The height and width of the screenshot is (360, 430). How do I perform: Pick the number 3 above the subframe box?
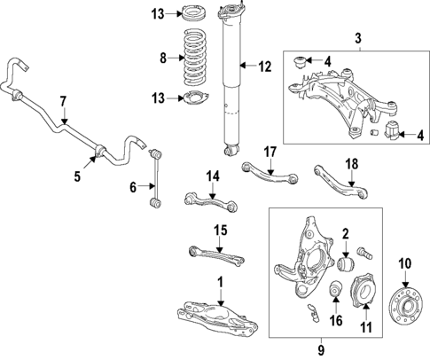pos(358,39)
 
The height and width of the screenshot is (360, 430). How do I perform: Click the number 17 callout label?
pos(270,152)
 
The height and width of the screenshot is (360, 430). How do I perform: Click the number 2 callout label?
pos(346,235)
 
